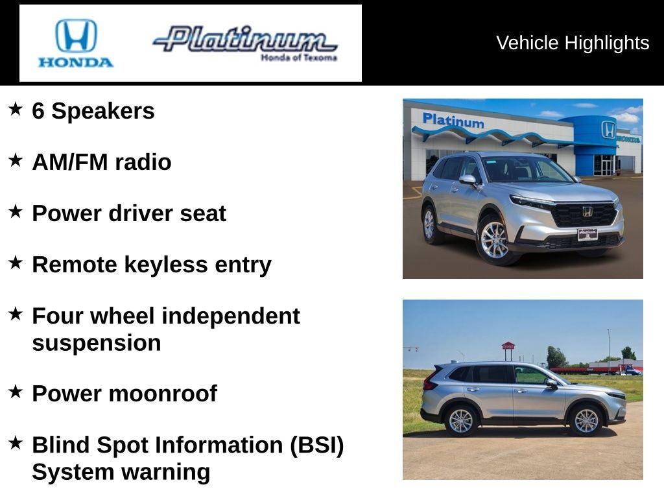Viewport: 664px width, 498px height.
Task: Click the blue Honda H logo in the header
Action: pyautogui.click(x=77, y=36)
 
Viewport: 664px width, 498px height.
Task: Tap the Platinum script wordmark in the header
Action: pyautogui.click(x=245, y=40)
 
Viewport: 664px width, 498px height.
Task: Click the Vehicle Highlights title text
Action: pyautogui.click(x=573, y=43)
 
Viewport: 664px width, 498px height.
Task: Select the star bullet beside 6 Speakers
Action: pyautogui.click(x=16, y=109)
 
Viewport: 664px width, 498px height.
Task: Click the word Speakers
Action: pyautogui.click(x=103, y=111)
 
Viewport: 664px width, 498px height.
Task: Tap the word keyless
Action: pyautogui.click(x=166, y=265)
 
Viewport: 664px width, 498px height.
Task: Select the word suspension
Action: pyautogui.click(x=97, y=344)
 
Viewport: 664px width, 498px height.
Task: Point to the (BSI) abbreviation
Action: pyautogui.click(x=316, y=445)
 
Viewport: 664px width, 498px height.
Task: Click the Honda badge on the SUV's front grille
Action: pyautogui.click(x=587, y=211)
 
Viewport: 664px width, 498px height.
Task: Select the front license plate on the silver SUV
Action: pyautogui.click(x=587, y=233)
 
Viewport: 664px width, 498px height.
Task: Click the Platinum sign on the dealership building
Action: pyautogui.click(x=453, y=120)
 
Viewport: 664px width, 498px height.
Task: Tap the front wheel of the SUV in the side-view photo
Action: pyautogui.click(x=586, y=420)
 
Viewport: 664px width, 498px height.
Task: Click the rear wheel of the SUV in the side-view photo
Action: pyautogui.click(x=461, y=421)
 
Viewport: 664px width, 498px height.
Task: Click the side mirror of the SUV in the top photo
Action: pyautogui.click(x=468, y=180)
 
